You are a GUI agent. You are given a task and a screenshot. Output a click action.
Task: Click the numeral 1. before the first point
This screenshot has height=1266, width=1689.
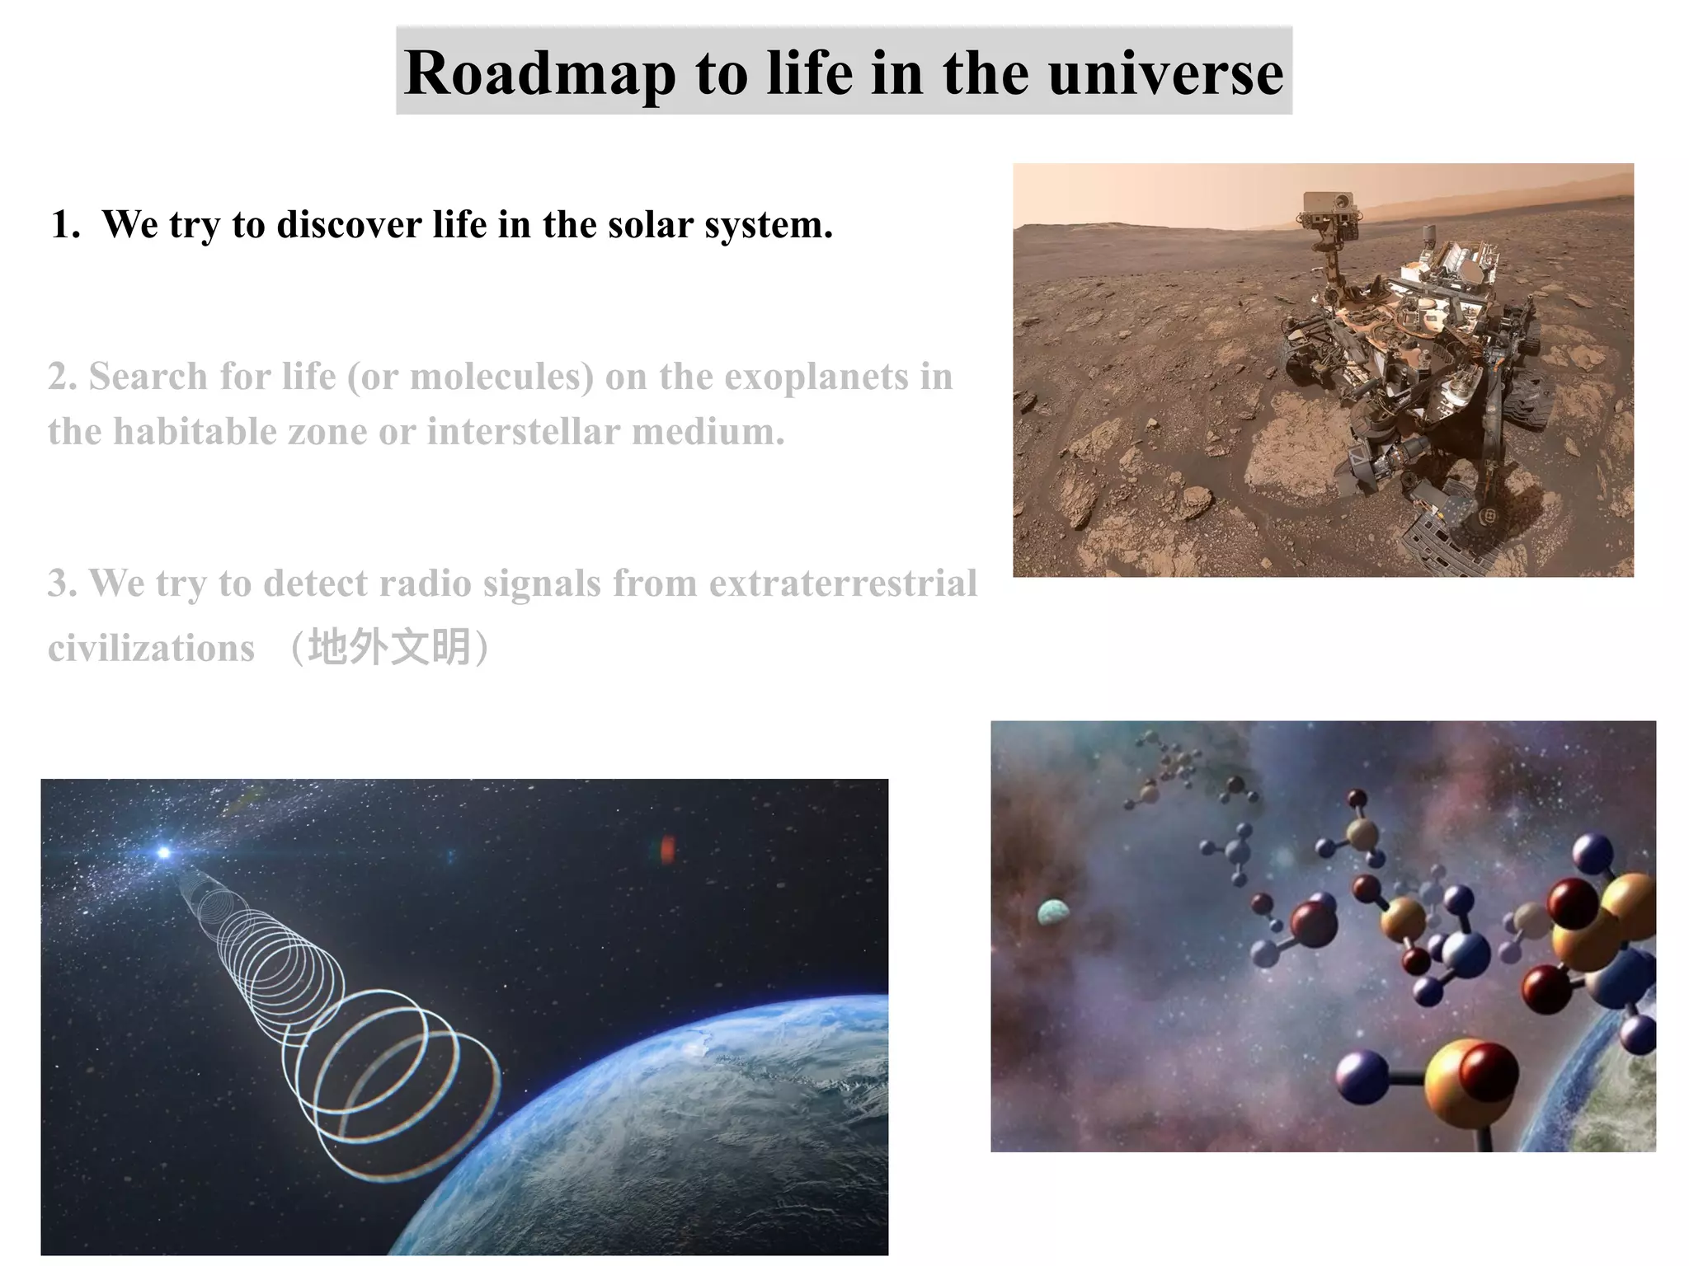(x=65, y=225)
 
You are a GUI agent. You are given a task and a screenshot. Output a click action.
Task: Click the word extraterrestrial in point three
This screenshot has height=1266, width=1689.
(x=843, y=584)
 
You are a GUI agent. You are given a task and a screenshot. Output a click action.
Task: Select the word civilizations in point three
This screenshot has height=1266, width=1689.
(x=151, y=648)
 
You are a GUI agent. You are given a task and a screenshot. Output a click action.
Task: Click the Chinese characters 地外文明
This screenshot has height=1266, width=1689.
(x=389, y=647)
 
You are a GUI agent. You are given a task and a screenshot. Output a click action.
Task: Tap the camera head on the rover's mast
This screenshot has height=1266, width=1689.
(x=1329, y=203)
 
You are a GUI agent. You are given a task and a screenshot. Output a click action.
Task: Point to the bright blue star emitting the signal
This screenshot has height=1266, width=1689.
(x=164, y=852)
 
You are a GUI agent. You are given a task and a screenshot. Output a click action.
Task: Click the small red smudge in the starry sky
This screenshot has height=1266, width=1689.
(x=667, y=849)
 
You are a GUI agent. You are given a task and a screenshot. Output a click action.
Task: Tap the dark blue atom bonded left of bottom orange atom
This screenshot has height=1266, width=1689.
(x=1361, y=1076)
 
